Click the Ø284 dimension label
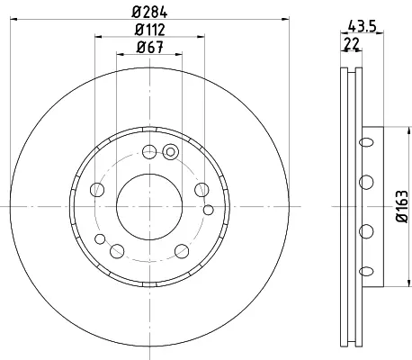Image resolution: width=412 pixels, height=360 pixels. click(149, 12)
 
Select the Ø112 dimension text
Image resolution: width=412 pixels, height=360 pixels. click(149, 30)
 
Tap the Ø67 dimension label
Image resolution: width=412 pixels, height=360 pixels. click(149, 47)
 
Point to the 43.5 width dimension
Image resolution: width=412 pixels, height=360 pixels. click(363, 26)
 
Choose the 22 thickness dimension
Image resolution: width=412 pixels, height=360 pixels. click(352, 44)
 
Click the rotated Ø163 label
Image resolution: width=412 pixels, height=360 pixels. click(402, 206)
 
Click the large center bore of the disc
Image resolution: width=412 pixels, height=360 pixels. click(149, 207)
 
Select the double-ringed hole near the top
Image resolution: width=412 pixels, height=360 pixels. click(170, 152)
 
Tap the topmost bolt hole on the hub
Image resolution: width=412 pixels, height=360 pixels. click(149, 151)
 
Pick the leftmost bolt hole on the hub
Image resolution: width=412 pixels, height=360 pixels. click(97, 190)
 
